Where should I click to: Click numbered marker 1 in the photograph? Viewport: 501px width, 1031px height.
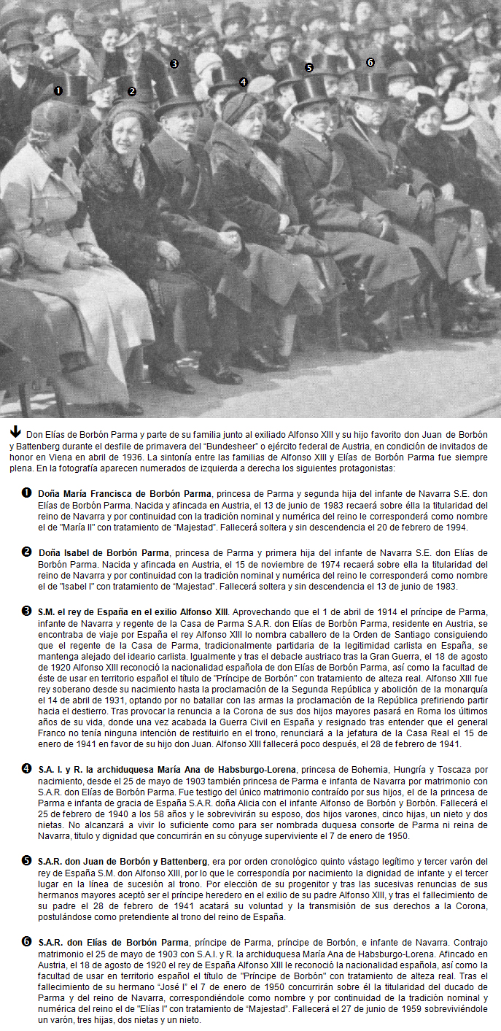pyautogui.click(x=58, y=91)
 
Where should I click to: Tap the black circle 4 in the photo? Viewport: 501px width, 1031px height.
pyautogui.click(x=243, y=82)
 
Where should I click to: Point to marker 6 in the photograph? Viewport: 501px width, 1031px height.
pyautogui.click(x=370, y=63)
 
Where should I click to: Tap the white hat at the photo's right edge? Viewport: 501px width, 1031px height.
pyautogui.click(x=457, y=115)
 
